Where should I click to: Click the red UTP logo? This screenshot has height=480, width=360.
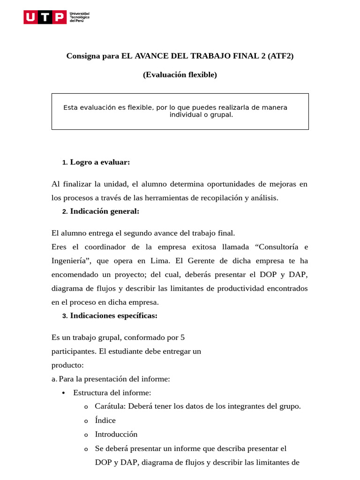[x=45, y=18]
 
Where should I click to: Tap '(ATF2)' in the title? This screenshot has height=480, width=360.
[x=281, y=56]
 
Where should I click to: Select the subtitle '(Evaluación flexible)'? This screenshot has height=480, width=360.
[x=180, y=75]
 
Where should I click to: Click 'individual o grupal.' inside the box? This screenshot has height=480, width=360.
[x=201, y=114]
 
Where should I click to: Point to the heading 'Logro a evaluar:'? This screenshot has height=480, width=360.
[x=100, y=162]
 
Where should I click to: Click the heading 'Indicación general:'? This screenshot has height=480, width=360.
[x=105, y=211]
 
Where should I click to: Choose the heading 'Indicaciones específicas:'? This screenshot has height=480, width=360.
[x=113, y=315]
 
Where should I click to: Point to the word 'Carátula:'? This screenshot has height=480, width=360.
[x=110, y=406]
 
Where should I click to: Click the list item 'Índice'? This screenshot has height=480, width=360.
[x=105, y=420]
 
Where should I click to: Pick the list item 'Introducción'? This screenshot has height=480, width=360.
[x=116, y=434]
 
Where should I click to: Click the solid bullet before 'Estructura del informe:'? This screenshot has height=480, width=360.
[x=63, y=393]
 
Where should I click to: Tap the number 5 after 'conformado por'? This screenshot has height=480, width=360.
[x=182, y=337]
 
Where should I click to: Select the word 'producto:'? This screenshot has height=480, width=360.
[x=67, y=365]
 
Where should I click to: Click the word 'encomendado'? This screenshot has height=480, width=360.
[x=74, y=274]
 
